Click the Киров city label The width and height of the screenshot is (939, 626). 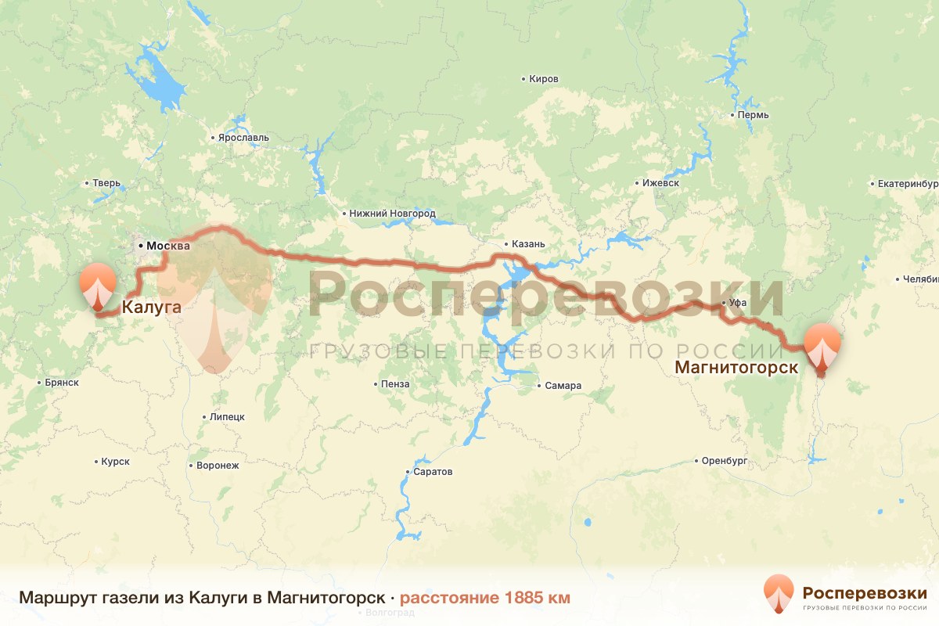point(544,80)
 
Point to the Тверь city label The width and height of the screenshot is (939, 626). point(106,184)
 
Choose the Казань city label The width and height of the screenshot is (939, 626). point(528,243)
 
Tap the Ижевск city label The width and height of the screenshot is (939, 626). point(660,182)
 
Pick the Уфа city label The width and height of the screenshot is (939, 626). point(736,302)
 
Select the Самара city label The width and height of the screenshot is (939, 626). point(563,386)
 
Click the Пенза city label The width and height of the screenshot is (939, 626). point(395,384)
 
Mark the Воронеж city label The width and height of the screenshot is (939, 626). point(217,465)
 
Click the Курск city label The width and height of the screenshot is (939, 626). point(115,462)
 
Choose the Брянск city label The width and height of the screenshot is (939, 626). point(62,383)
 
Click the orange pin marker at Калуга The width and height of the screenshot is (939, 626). point(98,286)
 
